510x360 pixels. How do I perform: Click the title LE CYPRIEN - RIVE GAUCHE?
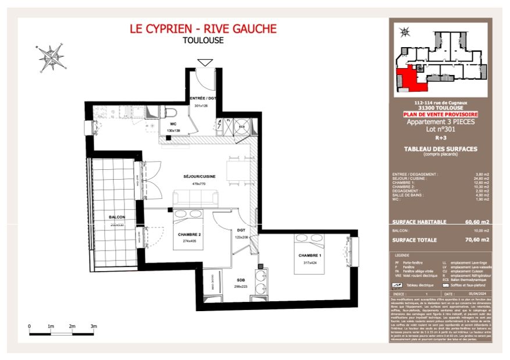point(203,28)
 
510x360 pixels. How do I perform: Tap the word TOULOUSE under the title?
point(203,41)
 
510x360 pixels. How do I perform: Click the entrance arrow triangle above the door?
point(205,62)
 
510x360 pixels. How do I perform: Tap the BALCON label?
point(116,218)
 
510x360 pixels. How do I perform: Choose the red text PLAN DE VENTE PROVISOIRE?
point(440,115)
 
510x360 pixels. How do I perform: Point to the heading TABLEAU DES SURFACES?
point(440,149)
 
